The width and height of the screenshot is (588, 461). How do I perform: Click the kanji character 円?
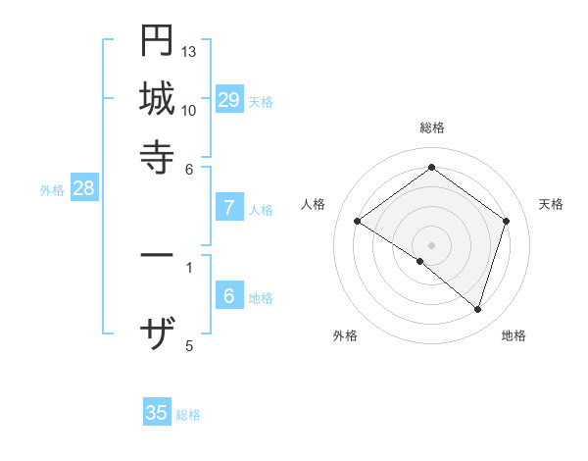pyautogui.click(x=157, y=41)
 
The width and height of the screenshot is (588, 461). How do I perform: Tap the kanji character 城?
pyautogui.click(x=157, y=98)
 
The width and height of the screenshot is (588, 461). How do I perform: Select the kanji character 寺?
pyautogui.click(x=157, y=155)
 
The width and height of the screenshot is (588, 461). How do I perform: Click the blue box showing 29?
pyautogui.click(x=229, y=99)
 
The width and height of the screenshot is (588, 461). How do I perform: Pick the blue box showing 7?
pyautogui.click(x=229, y=208)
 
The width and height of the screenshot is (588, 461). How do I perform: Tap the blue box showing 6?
pyautogui.click(x=229, y=296)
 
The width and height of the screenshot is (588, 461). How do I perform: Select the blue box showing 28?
pyautogui.click(x=83, y=189)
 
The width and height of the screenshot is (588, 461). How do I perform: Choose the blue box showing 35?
pyautogui.click(x=157, y=413)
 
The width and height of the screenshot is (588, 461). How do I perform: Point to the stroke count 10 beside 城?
pyautogui.click(x=189, y=110)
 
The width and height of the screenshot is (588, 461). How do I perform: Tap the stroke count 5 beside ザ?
pyautogui.click(x=189, y=345)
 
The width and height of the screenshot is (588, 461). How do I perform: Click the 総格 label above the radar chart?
pyautogui.click(x=431, y=128)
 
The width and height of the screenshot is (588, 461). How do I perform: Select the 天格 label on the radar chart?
pyautogui.click(x=552, y=204)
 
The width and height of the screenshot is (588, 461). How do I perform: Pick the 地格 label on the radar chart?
pyautogui.click(x=514, y=335)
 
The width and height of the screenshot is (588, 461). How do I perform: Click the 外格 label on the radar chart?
pyautogui.click(x=345, y=335)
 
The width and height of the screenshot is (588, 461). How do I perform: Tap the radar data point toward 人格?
pyautogui.click(x=357, y=222)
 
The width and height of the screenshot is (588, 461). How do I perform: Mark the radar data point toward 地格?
pyautogui.click(x=477, y=310)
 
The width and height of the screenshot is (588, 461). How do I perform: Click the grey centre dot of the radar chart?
pyautogui.click(x=431, y=244)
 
